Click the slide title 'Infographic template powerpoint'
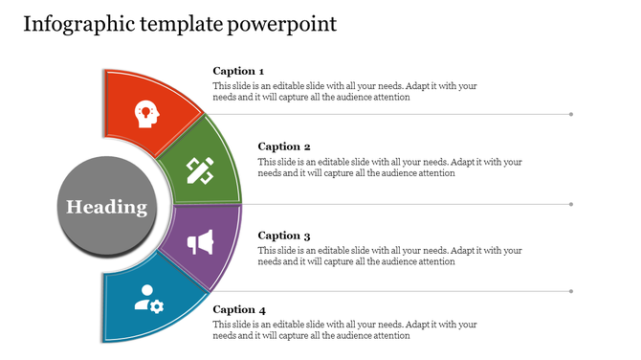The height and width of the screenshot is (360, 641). [x=179, y=24]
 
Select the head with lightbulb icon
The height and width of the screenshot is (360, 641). [x=146, y=112]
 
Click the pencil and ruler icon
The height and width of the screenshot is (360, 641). [x=200, y=170]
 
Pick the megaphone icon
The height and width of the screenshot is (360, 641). [x=200, y=243]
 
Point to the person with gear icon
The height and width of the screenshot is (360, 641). [x=148, y=298]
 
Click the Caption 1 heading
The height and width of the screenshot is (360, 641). [x=238, y=71]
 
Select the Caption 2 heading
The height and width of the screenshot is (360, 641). [x=284, y=146]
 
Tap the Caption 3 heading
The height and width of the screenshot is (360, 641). [x=284, y=236]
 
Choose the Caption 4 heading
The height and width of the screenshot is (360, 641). [x=238, y=310]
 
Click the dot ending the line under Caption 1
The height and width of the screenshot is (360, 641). [x=571, y=114]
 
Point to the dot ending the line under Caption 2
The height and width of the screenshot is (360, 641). [x=571, y=204]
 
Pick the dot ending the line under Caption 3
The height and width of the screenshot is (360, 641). [x=571, y=291]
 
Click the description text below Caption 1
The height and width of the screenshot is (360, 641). [x=343, y=91]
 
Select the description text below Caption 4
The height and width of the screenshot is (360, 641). [x=343, y=330]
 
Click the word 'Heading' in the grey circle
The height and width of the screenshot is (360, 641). [x=106, y=208]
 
